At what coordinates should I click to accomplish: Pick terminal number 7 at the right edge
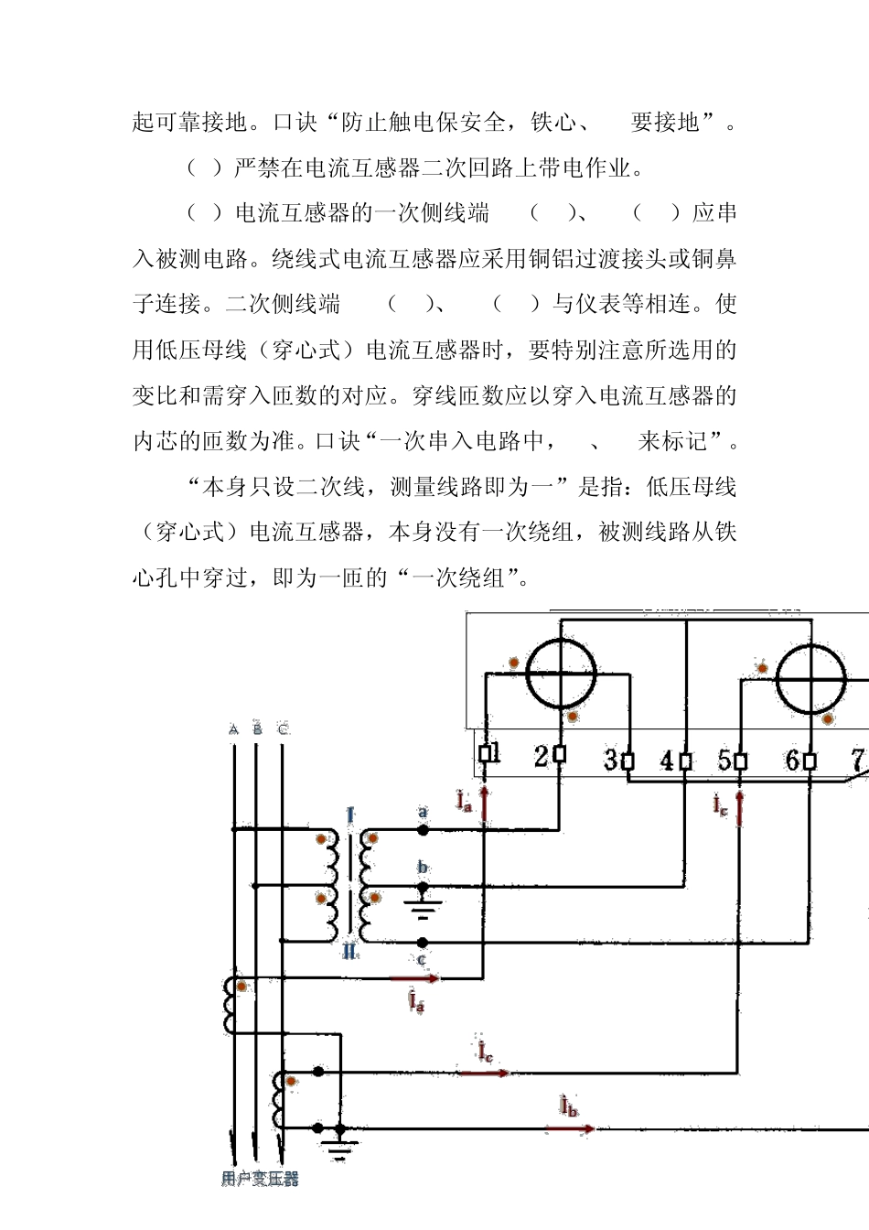click(x=859, y=760)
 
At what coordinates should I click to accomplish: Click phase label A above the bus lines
click(x=234, y=729)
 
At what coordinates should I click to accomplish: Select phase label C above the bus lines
click(x=283, y=729)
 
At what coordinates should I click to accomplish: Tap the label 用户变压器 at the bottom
click(x=261, y=1179)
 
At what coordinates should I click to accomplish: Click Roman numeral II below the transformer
click(x=350, y=953)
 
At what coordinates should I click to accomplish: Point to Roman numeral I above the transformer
click(x=350, y=815)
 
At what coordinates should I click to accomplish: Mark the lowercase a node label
click(x=423, y=812)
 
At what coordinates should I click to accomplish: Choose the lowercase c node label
click(x=422, y=960)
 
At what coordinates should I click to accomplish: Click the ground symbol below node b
click(x=423, y=909)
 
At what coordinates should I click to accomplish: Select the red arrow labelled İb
click(x=569, y=1129)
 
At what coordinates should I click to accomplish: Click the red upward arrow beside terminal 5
click(x=739, y=808)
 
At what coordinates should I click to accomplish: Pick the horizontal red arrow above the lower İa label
click(x=416, y=978)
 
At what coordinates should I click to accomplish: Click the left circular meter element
click(x=562, y=674)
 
